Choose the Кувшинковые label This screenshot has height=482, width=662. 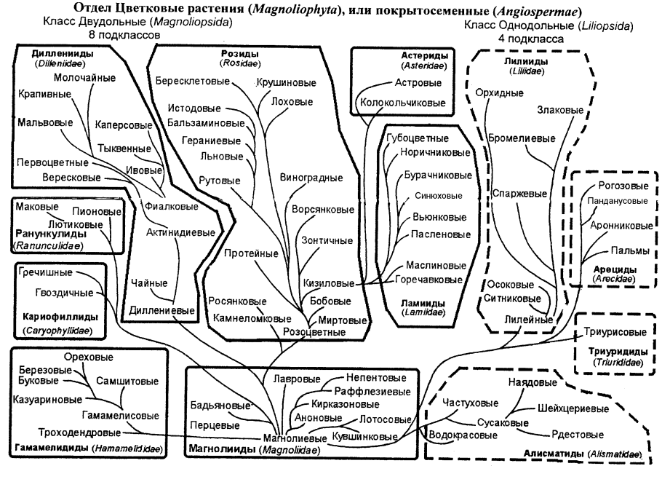point(364,437)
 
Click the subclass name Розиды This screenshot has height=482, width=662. point(237,55)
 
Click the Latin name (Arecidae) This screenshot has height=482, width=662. point(615,278)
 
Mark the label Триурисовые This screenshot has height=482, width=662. point(614,332)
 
